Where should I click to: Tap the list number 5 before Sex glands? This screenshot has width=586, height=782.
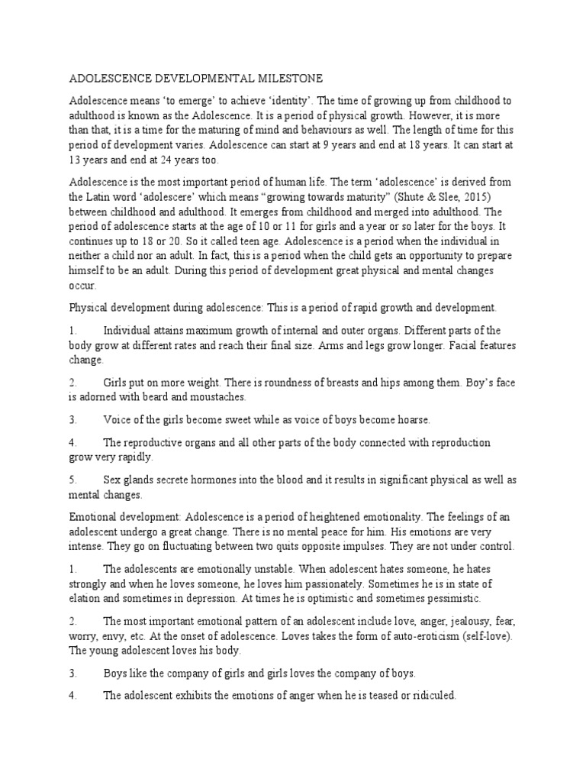pyautogui.click(x=73, y=480)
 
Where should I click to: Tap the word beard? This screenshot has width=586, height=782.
pyautogui.click(x=159, y=398)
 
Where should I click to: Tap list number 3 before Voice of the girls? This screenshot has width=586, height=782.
pyautogui.click(x=73, y=420)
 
